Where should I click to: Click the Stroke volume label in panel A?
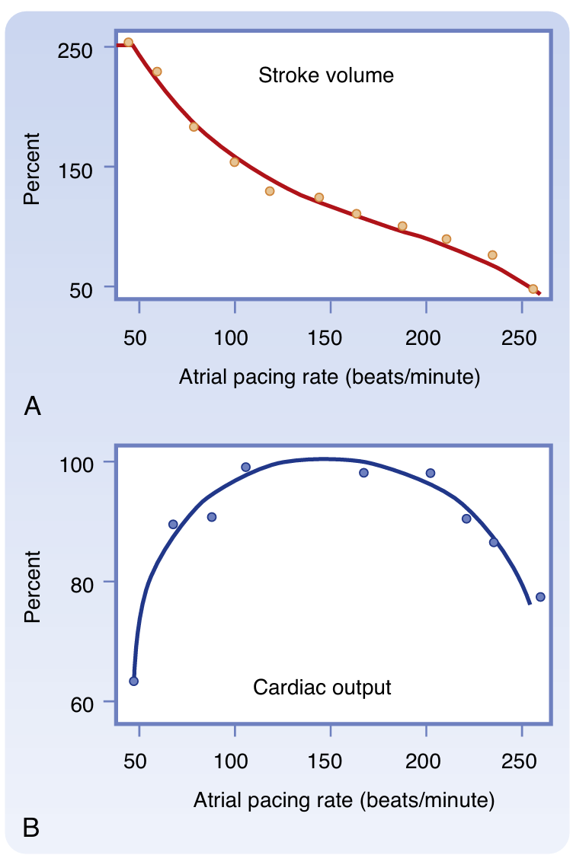click(x=326, y=75)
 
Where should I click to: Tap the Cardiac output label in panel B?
click(x=322, y=688)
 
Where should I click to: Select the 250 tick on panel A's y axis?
click(x=76, y=47)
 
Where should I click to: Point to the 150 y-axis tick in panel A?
click(x=76, y=167)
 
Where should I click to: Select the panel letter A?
click(x=32, y=407)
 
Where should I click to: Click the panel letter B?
click(x=32, y=826)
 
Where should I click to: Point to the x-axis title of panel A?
click(x=329, y=377)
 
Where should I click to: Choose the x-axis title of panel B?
click(x=344, y=799)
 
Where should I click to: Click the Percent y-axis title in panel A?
click(x=32, y=168)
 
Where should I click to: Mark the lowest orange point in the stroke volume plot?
click(x=533, y=289)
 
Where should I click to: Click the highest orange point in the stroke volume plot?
click(x=128, y=43)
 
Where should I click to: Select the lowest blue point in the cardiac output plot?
click(x=133, y=681)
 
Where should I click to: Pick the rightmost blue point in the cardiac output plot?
click(x=540, y=597)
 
